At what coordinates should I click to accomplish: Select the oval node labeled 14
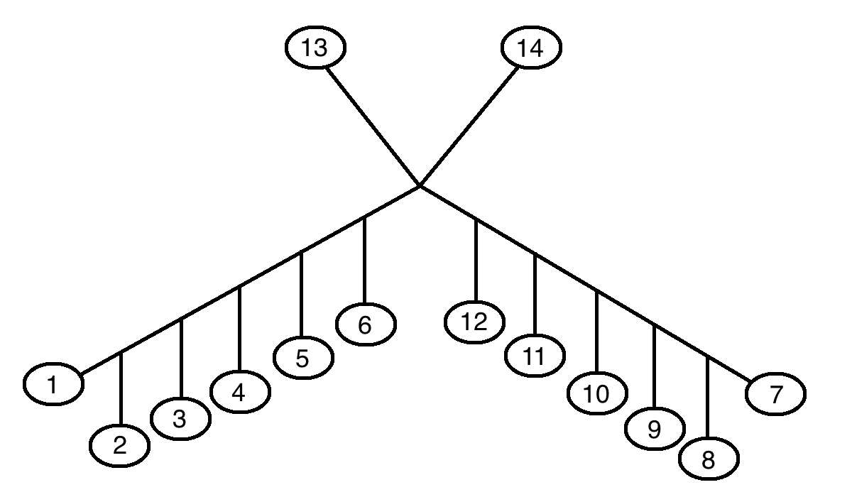pos(531,49)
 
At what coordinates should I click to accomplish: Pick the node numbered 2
pos(120,446)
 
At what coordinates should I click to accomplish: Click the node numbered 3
pos(180,419)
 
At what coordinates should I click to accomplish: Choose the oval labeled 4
pos(240,393)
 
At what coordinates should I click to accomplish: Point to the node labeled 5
pos(302,359)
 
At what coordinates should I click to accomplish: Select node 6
pos(366,325)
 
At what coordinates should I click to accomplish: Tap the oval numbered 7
pos(775,394)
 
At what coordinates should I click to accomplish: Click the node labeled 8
pos(709,459)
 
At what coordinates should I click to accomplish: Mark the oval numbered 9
pos(655,428)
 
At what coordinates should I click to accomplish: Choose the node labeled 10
pos(598,394)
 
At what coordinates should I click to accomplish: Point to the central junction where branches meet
pos(420,186)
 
